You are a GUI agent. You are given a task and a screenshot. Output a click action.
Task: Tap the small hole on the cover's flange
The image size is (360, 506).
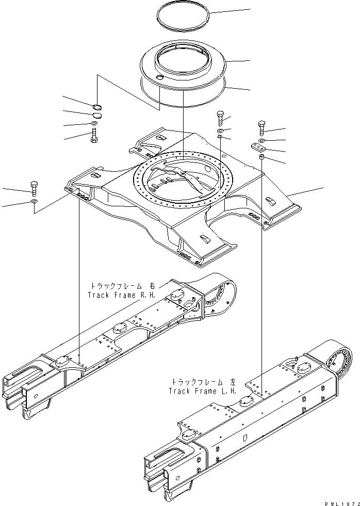[158, 77]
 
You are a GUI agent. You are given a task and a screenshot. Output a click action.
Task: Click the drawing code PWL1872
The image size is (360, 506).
[341, 501]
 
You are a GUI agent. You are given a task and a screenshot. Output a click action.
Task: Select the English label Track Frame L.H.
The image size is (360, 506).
[203, 390]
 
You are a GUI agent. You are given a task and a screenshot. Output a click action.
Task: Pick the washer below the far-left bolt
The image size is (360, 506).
[34, 202]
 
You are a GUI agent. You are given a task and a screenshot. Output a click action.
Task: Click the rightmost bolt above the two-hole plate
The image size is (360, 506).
[261, 127]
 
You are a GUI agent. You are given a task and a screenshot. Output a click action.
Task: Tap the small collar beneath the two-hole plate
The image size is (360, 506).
[261, 157]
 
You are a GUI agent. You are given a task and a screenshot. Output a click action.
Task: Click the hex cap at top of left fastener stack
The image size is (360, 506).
[95, 107]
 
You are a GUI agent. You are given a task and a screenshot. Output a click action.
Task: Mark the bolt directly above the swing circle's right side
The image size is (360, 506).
[220, 118]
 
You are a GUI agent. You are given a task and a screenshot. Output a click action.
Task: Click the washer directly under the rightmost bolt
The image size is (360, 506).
[261, 139]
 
